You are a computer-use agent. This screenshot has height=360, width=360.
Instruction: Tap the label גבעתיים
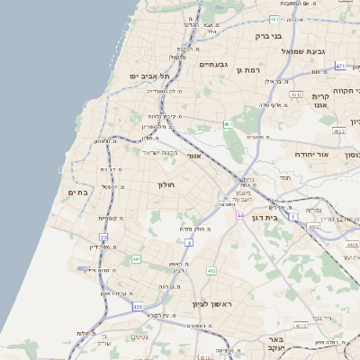(x=213, y=64)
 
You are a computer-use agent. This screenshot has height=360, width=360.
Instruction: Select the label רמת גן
(x=247, y=69)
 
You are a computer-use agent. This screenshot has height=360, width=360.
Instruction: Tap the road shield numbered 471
(x=340, y=66)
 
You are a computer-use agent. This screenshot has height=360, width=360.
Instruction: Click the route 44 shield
(x=240, y=216)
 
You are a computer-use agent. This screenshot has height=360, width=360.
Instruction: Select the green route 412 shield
(x=211, y=270)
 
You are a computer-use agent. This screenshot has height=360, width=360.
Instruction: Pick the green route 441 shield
(x=136, y=259)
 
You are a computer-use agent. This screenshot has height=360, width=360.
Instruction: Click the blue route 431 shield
(x=138, y=307)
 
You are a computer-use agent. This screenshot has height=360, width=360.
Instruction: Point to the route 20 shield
(x=103, y=237)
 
